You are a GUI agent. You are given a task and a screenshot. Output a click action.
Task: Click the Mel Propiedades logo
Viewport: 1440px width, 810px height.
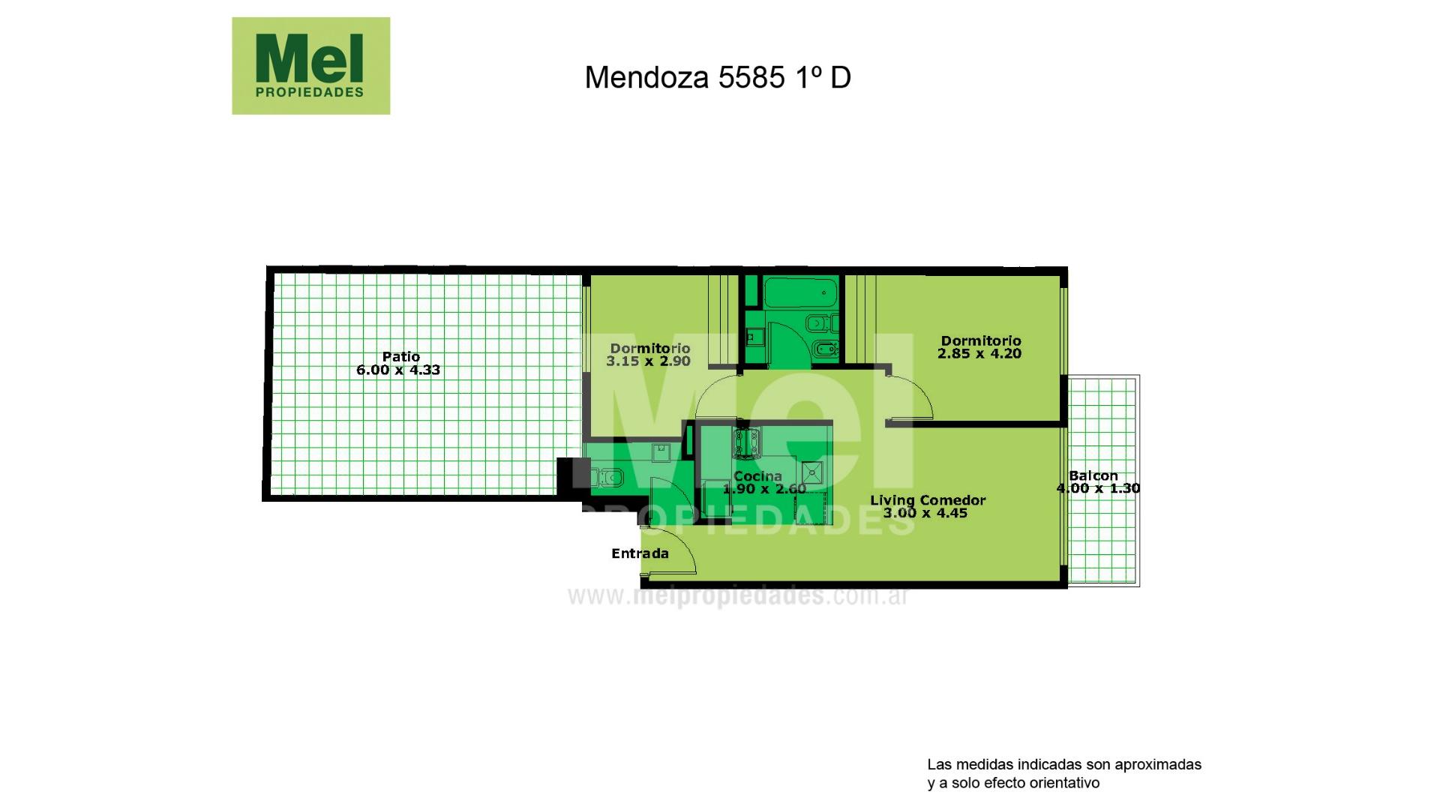coord(310,66)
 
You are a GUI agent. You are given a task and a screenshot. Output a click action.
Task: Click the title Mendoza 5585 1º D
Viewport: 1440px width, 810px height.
coord(718,77)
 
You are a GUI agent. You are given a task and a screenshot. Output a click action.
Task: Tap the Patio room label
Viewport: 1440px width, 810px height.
coord(401,356)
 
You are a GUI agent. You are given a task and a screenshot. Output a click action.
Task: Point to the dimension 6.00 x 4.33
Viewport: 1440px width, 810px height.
coord(398,370)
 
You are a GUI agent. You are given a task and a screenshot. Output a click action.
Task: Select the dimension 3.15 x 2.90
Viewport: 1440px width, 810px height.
coord(649,361)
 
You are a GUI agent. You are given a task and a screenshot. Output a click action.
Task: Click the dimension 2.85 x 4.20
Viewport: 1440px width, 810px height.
coord(979,353)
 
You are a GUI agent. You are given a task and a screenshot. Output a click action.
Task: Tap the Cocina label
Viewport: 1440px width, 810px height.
coord(757,476)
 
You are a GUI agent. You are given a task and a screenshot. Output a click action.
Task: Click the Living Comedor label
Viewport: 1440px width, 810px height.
coord(928,500)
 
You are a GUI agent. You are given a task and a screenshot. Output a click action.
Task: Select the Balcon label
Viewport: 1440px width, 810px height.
coord(1093,475)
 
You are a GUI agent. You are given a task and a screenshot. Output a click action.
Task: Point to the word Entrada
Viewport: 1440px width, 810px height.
coord(640,553)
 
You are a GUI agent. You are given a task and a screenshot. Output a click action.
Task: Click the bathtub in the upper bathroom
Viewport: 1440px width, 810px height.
coord(799,292)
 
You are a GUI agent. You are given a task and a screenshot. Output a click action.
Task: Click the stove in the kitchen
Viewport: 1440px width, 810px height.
coord(747,442)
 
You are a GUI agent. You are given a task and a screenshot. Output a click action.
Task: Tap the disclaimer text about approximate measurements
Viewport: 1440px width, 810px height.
coord(1064,774)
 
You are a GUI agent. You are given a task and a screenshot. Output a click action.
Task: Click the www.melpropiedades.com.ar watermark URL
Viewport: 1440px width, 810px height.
coord(739,596)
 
